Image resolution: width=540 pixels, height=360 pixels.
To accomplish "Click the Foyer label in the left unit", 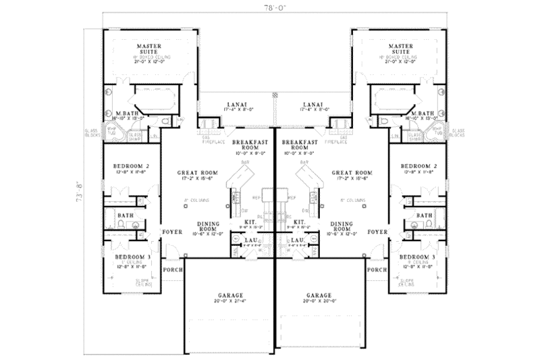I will (x=171, y=231).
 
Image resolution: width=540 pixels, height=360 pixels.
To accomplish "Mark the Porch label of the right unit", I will (x=377, y=269).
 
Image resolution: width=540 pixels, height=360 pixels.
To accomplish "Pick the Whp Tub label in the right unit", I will (x=436, y=130).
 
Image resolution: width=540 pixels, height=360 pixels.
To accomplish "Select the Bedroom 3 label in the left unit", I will (x=126, y=257).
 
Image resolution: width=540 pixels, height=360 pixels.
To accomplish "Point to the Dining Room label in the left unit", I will (x=210, y=226).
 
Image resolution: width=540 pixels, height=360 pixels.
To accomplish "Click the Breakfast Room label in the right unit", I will (x=298, y=146).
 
